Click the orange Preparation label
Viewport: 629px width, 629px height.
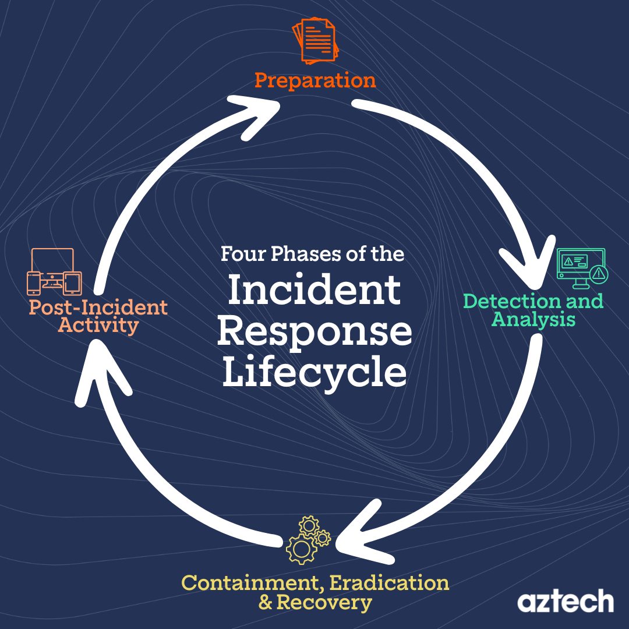[315, 80]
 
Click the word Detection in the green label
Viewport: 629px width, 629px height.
[499, 302]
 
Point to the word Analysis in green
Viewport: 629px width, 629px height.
[533, 319]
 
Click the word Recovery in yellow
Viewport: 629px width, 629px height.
[324, 603]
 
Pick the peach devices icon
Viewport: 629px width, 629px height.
[54, 272]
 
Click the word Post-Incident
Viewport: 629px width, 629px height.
[98, 307]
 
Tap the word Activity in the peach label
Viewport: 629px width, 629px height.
[98, 325]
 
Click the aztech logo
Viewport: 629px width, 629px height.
[565, 601]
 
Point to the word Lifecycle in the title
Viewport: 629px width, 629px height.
[314, 373]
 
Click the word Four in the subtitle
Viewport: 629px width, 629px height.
[239, 255]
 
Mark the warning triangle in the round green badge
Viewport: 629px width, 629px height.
[598, 273]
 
